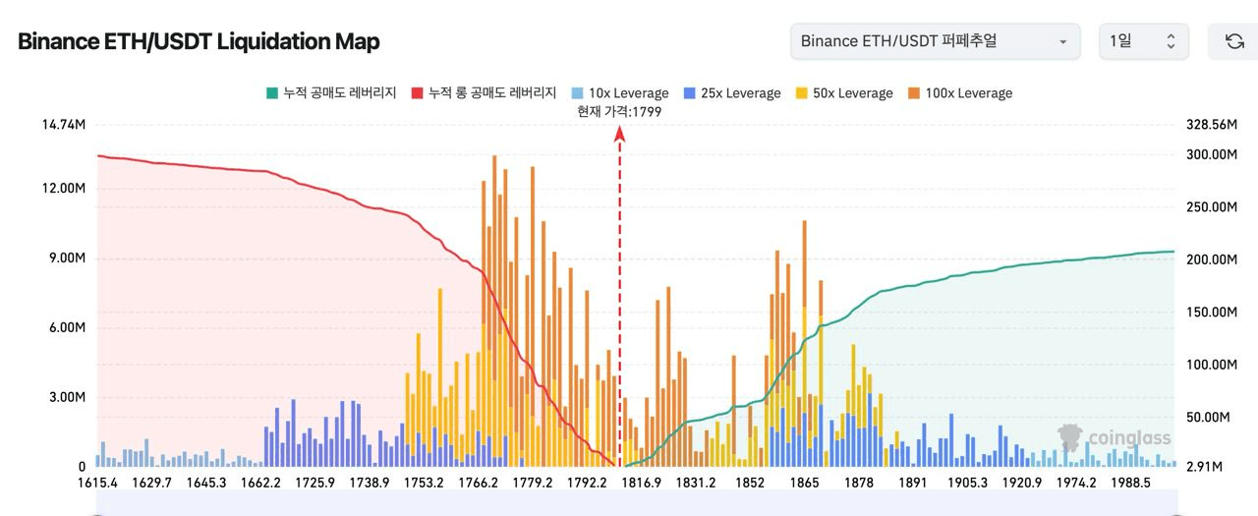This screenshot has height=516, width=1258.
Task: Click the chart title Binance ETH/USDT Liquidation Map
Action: [x=199, y=41]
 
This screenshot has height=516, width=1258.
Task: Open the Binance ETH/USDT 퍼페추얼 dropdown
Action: [x=935, y=41]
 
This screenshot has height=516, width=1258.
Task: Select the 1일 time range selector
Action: [x=1143, y=41]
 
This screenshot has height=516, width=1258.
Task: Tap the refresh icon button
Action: [x=1234, y=41]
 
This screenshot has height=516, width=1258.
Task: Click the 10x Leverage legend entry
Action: [x=620, y=93]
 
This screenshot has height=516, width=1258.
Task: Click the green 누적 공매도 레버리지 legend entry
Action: [x=331, y=93]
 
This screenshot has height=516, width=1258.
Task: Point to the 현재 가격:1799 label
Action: [x=620, y=112]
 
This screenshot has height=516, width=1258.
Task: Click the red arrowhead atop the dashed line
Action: [x=620, y=136]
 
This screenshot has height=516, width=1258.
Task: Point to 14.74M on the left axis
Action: [x=63, y=125]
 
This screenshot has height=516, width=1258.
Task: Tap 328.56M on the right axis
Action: [x=1210, y=125]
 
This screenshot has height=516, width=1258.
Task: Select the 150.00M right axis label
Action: [x=1210, y=312]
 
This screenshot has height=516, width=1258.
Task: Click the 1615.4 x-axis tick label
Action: [x=97, y=483]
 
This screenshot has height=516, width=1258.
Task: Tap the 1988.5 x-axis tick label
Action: [x=1130, y=483]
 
